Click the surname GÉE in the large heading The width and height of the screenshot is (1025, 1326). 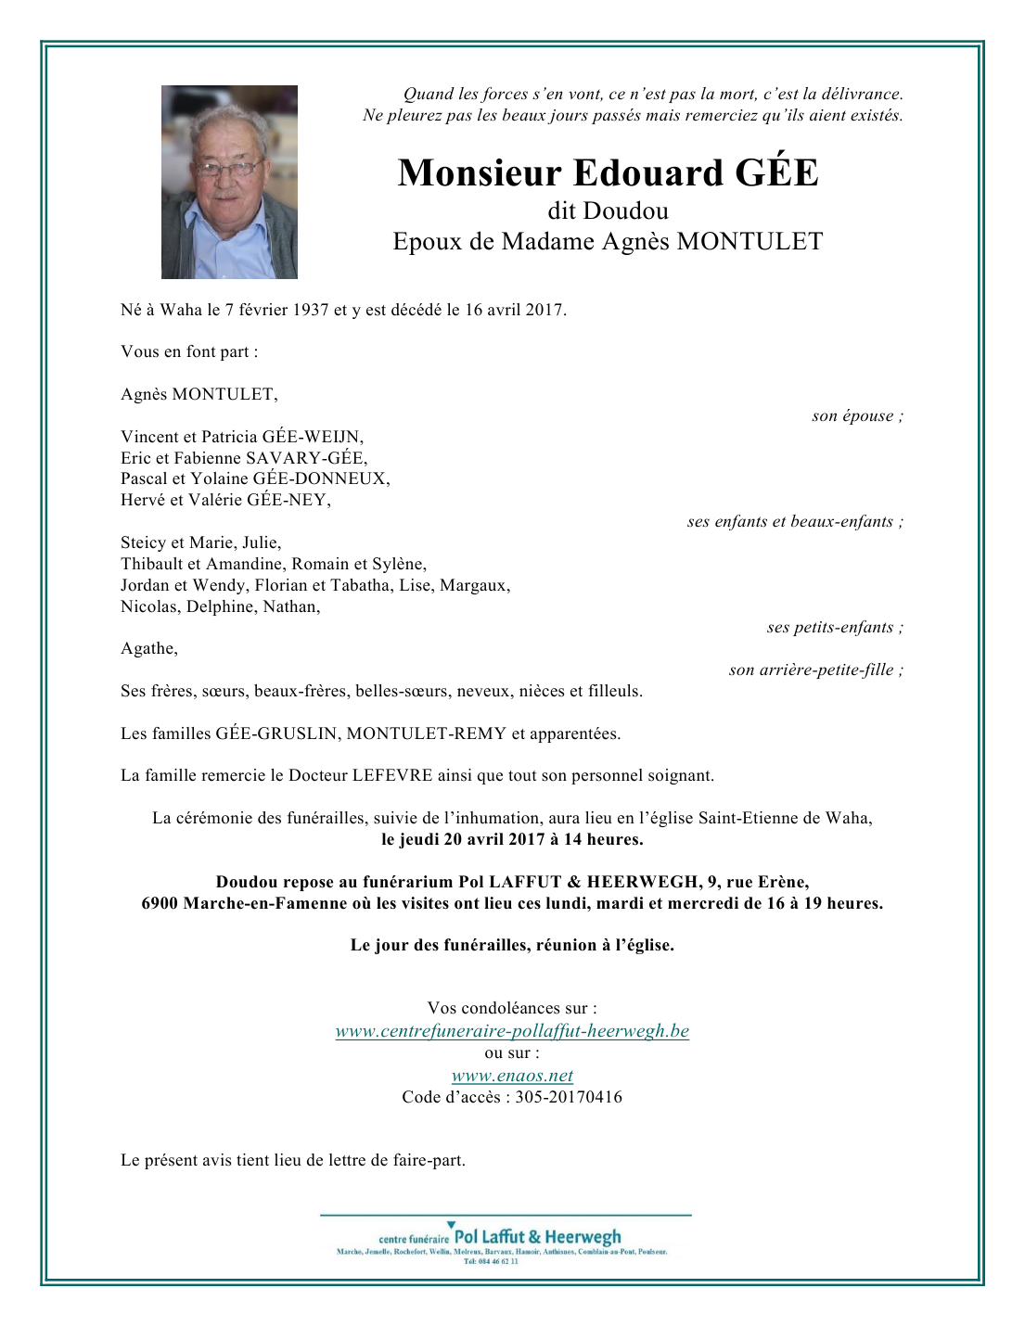click(x=776, y=173)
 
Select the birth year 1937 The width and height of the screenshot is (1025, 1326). click(x=311, y=310)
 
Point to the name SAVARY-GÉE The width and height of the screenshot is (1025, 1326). click(x=305, y=458)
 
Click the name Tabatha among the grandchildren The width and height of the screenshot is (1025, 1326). click(x=361, y=585)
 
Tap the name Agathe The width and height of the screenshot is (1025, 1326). click(x=148, y=649)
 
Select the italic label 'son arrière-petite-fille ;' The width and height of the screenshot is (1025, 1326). click(x=815, y=669)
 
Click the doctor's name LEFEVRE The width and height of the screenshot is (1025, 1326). click(x=392, y=776)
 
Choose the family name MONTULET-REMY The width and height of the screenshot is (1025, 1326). click(x=426, y=733)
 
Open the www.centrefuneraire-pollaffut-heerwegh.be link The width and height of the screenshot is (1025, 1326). click(x=512, y=1031)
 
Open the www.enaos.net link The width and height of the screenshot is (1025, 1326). click(x=512, y=1076)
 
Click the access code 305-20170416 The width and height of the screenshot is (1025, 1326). click(x=569, y=1098)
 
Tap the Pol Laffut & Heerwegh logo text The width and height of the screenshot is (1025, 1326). click(x=537, y=1237)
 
